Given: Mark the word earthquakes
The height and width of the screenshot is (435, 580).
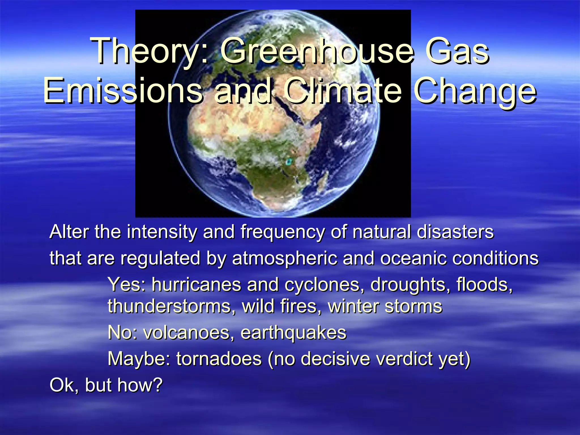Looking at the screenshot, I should point(293,333).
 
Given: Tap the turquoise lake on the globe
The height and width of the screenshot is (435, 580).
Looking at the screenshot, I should point(289,162).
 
